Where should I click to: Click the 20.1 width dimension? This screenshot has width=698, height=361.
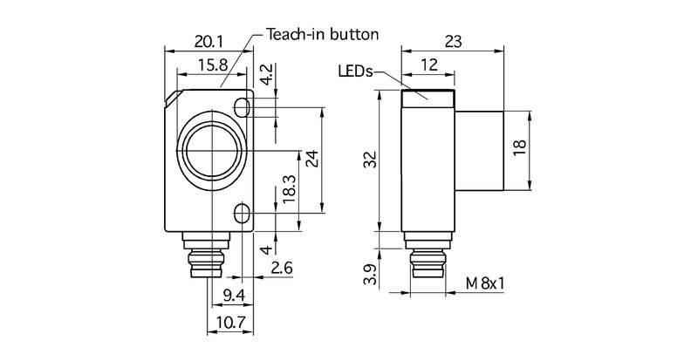click(x=208, y=42)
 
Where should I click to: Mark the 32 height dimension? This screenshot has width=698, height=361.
click(x=370, y=160)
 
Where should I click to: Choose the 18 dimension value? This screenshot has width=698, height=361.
click(x=521, y=150)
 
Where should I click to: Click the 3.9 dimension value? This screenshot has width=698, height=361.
click(x=370, y=276)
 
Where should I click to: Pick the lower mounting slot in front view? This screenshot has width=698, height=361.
click(x=243, y=212)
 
